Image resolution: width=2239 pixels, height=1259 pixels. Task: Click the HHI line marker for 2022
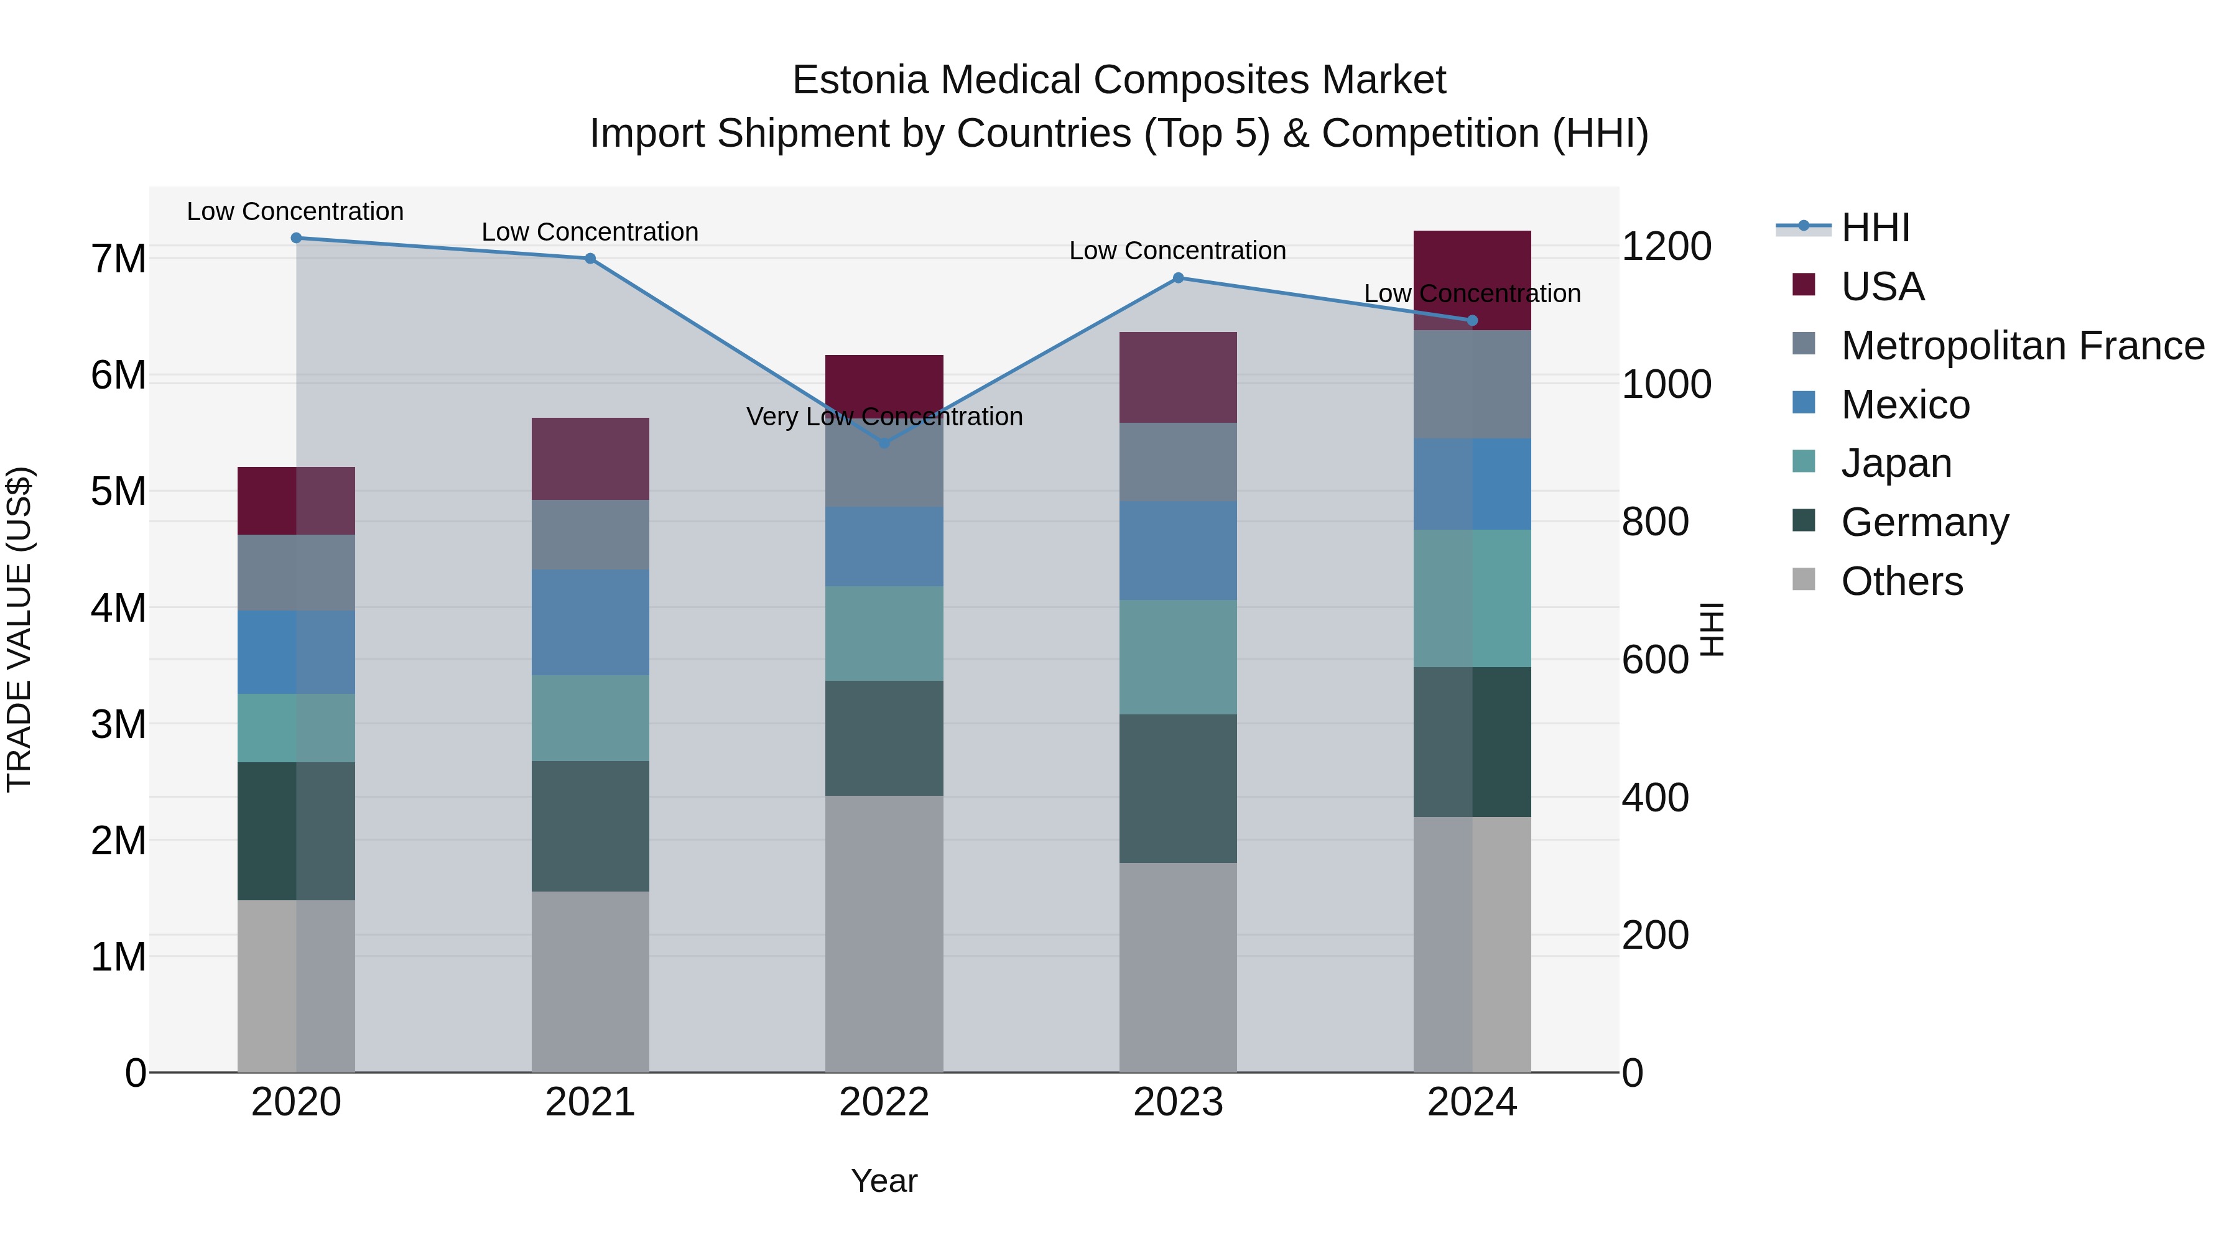[x=884, y=443]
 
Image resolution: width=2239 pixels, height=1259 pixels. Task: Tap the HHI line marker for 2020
[x=297, y=238]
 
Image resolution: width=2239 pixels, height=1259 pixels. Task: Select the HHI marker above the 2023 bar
[x=1178, y=278]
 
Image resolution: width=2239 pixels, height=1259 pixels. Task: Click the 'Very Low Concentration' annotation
[x=884, y=417]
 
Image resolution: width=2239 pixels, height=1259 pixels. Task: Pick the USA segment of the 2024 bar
[x=1472, y=280]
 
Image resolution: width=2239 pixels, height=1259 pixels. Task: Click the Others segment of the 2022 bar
[x=884, y=933]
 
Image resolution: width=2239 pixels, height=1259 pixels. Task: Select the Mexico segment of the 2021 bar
[x=590, y=622]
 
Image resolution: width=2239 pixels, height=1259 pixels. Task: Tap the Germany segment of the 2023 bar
[x=1178, y=788]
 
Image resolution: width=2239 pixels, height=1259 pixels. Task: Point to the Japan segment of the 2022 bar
[x=884, y=634]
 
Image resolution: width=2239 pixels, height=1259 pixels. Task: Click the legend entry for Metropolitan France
[x=2023, y=346]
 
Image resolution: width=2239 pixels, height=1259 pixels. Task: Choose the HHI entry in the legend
[x=1875, y=228]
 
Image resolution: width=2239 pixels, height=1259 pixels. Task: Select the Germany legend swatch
[x=1804, y=522]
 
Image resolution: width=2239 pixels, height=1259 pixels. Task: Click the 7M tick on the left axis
[x=118, y=259]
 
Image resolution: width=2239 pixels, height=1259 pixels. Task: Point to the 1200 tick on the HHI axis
[x=1666, y=247]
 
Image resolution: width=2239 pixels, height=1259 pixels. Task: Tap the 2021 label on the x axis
[x=590, y=1102]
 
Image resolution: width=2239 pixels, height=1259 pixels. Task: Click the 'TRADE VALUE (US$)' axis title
[x=19, y=629]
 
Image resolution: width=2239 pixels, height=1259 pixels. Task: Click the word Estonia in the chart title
[x=861, y=80]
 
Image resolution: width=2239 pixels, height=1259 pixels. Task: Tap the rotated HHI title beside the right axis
[x=1710, y=629]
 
